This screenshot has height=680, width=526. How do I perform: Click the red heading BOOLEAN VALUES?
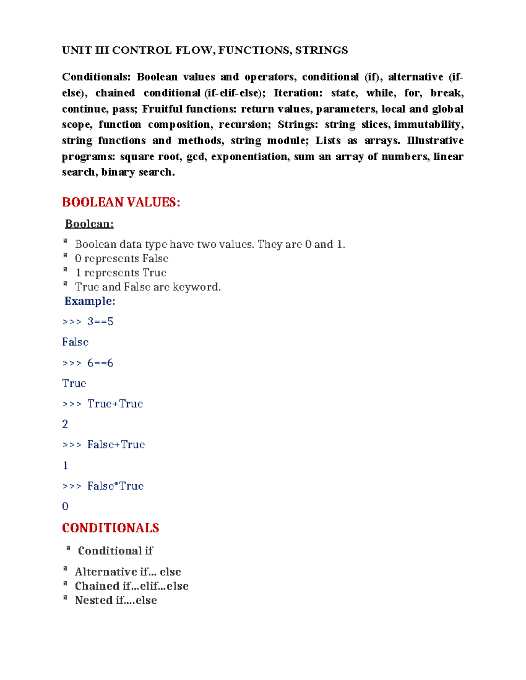click(x=121, y=202)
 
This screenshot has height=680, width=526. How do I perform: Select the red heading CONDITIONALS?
click(x=110, y=528)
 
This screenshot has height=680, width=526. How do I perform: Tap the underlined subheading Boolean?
click(x=89, y=224)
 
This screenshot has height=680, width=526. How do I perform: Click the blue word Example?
click(x=90, y=301)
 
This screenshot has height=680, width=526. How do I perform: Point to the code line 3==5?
click(x=100, y=321)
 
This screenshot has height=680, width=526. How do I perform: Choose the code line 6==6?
click(x=100, y=363)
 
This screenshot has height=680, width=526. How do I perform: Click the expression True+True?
click(x=115, y=404)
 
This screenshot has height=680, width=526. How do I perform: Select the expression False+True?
click(x=116, y=444)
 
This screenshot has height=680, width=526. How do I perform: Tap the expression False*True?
click(x=115, y=486)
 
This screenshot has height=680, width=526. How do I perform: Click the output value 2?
click(x=65, y=424)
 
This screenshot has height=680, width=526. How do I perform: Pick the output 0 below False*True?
click(x=65, y=506)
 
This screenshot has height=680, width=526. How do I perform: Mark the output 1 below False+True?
click(x=65, y=465)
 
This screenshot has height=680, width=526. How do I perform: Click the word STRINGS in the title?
click(x=322, y=50)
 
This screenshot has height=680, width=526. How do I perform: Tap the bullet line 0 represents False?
click(x=121, y=259)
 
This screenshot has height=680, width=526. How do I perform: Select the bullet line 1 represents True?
click(x=121, y=273)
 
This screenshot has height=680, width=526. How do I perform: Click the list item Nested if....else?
click(x=116, y=600)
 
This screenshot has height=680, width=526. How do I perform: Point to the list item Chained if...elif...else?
click(x=131, y=586)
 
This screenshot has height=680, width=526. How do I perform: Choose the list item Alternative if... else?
click(x=128, y=572)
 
